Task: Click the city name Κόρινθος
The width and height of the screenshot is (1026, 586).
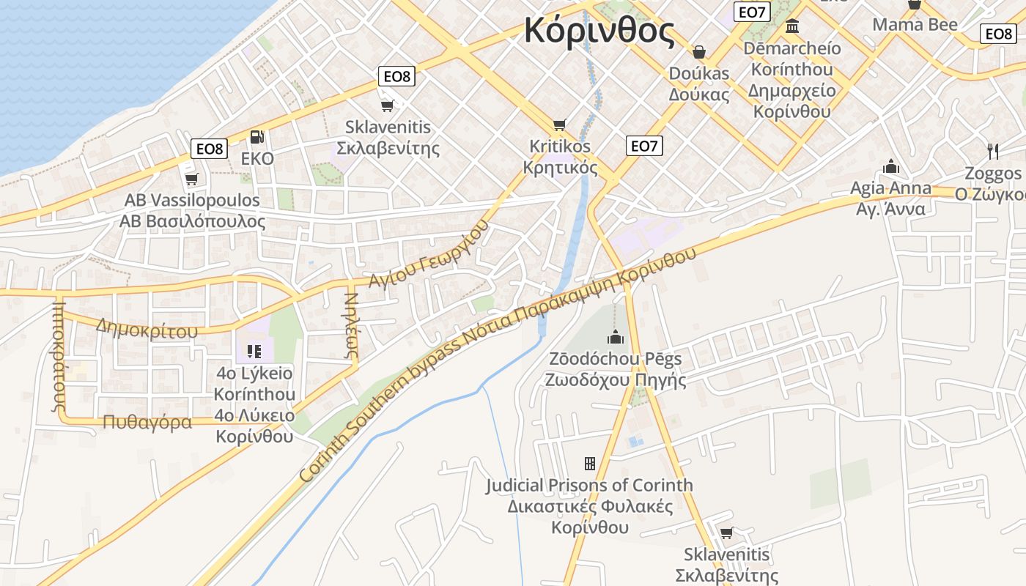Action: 599,31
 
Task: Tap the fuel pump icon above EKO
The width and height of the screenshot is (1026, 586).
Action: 256,137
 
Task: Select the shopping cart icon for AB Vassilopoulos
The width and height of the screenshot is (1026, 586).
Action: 192,179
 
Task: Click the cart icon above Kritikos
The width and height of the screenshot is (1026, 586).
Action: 560,125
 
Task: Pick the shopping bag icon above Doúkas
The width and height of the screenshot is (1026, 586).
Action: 699,52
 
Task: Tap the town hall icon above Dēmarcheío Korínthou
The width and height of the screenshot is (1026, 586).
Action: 792,27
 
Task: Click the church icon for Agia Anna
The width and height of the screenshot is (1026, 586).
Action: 891,166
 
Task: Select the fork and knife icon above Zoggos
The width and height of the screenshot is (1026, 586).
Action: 993,152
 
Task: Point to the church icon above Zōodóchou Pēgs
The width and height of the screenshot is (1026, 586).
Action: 615,337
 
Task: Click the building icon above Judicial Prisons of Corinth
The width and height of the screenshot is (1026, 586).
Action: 589,463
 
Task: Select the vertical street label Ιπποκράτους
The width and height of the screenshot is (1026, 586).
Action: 60,355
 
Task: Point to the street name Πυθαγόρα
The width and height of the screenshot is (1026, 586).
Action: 147,422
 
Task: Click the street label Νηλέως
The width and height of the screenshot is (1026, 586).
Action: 351,325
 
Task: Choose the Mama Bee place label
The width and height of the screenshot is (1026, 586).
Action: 915,24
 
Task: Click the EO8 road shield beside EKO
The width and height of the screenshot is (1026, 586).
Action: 209,149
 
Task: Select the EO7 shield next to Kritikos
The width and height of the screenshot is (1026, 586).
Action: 644,146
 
